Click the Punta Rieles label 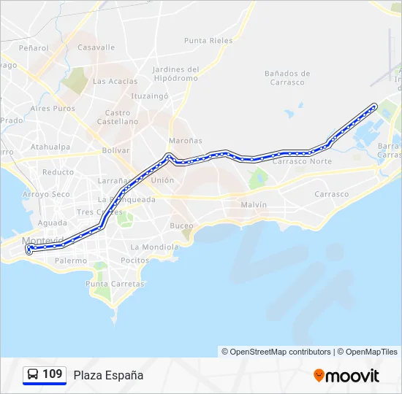click(x=208, y=41)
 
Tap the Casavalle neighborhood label click(x=96, y=47)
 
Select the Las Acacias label click(x=115, y=81)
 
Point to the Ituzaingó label click(x=150, y=96)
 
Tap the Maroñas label click(x=186, y=140)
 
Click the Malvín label click(x=254, y=205)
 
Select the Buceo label click(x=181, y=225)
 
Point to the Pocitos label click(x=134, y=260)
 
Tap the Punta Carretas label click(x=107, y=284)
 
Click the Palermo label click(x=71, y=260)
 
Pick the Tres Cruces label click(x=94, y=212)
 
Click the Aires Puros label click(x=53, y=109)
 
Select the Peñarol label click(x=34, y=48)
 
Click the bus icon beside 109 click(x=33, y=374)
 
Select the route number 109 click(x=52, y=374)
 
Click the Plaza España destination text click(x=108, y=375)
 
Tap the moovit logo click(x=346, y=376)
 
